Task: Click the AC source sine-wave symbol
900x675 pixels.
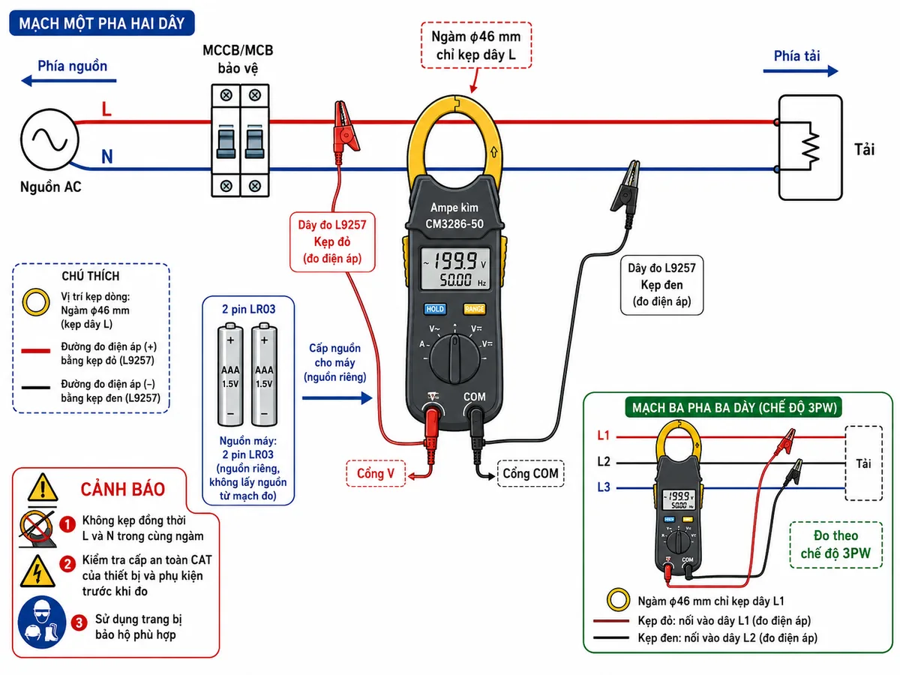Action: click(x=49, y=139)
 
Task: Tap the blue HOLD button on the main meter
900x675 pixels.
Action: click(x=434, y=309)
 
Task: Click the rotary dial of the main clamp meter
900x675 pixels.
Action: click(x=454, y=358)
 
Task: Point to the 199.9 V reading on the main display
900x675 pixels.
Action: click(x=456, y=261)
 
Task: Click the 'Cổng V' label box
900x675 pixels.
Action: click(x=376, y=473)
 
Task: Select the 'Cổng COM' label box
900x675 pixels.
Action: click(x=530, y=473)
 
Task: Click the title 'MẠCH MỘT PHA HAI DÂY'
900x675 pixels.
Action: click(x=102, y=23)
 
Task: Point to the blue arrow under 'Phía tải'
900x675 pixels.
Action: click(x=800, y=71)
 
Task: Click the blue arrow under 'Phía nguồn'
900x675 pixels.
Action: click(x=68, y=81)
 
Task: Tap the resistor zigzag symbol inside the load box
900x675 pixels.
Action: click(x=811, y=146)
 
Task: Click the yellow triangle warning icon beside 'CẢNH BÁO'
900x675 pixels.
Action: click(x=43, y=487)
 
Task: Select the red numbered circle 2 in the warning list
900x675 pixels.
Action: click(x=67, y=564)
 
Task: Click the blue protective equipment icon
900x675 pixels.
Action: click(x=41, y=622)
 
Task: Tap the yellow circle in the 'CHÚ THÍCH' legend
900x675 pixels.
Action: click(x=36, y=302)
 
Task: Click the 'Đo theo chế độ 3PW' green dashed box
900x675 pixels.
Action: click(x=836, y=544)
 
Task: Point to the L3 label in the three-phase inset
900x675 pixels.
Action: click(x=604, y=487)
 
